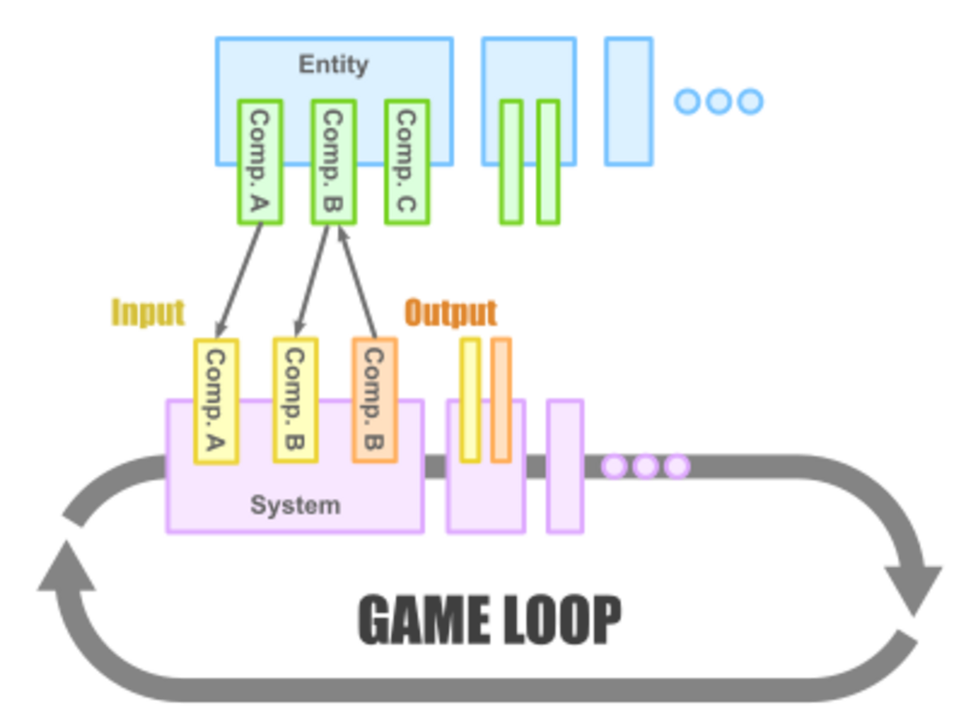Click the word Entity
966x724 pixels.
coord(333,65)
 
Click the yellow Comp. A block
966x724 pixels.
coord(216,400)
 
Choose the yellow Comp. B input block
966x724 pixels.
coord(294,399)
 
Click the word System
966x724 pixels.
coord(295,505)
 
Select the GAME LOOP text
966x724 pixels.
coord(490,619)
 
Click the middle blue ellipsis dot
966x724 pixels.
coord(719,101)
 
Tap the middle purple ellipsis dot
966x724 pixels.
coord(645,466)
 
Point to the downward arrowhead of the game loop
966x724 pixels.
coord(913,587)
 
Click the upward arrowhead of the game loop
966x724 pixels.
coord(67,568)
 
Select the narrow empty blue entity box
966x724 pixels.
coord(629,102)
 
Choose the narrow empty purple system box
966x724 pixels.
coord(565,466)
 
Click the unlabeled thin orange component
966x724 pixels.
coord(502,399)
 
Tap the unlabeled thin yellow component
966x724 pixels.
coord(470,399)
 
